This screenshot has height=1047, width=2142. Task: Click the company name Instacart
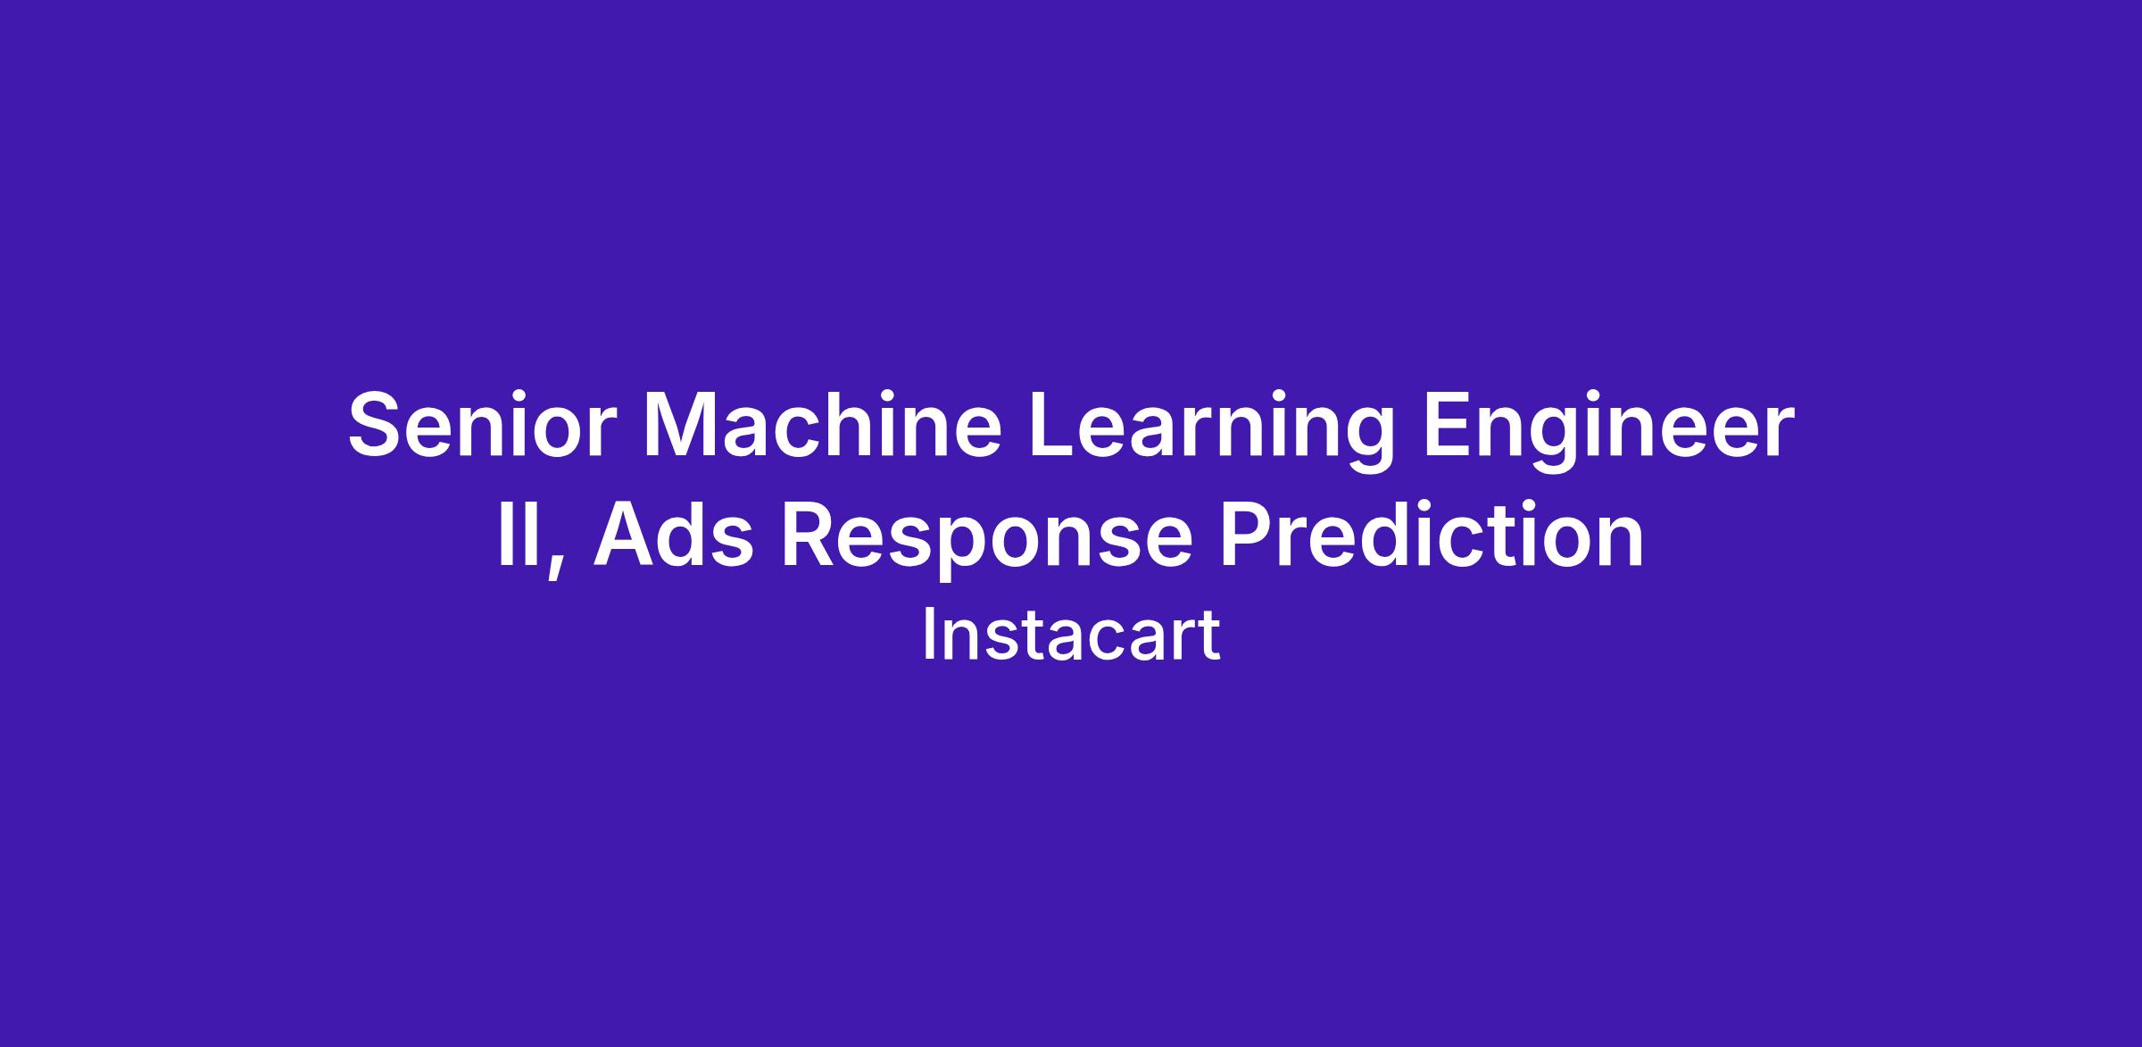[1071, 635]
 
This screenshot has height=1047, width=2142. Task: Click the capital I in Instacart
[928, 636]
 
